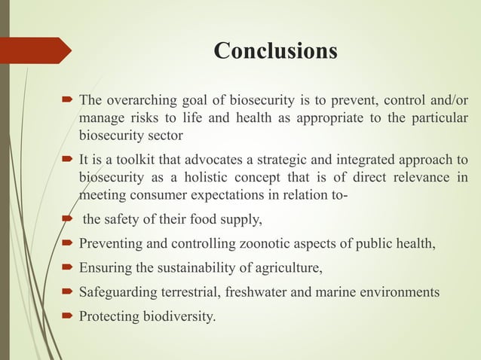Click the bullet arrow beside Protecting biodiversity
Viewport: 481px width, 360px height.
click(66, 313)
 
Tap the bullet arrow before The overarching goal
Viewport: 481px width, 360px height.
click(66, 101)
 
